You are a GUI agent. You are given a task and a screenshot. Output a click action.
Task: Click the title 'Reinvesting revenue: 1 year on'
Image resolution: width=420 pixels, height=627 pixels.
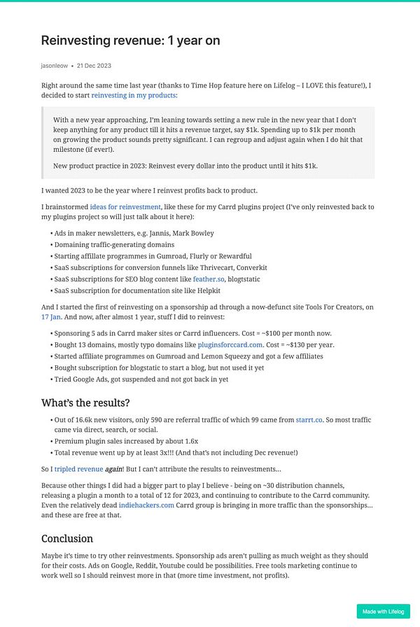[x=131, y=41]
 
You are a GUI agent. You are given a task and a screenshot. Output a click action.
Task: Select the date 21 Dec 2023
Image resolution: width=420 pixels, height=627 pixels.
[x=94, y=66]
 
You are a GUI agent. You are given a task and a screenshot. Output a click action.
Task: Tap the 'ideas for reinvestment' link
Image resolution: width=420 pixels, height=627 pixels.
[x=125, y=207]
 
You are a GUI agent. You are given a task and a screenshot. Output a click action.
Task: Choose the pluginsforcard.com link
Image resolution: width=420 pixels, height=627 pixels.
[x=229, y=345]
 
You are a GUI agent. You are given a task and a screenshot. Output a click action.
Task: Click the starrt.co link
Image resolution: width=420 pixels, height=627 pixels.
[x=310, y=419]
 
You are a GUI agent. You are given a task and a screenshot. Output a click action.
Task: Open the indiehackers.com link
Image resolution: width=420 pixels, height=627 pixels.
[x=146, y=504]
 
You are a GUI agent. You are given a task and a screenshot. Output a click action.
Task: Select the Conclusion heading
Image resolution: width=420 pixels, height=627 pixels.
[x=67, y=538]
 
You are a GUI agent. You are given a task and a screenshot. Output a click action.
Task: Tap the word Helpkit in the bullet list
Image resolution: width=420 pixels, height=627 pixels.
[x=206, y=290]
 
